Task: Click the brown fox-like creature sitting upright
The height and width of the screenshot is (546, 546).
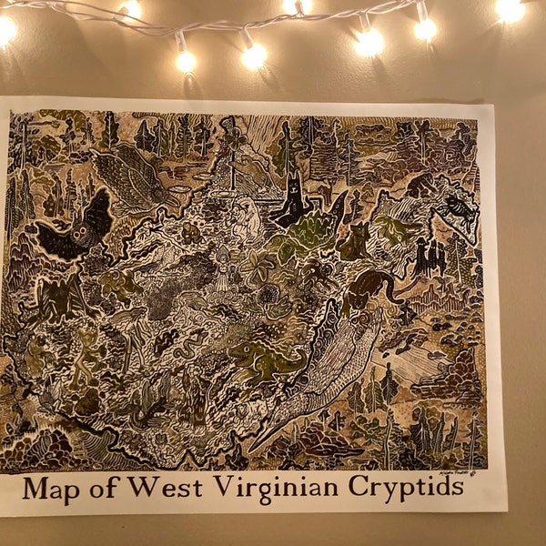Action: [352, 240]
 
